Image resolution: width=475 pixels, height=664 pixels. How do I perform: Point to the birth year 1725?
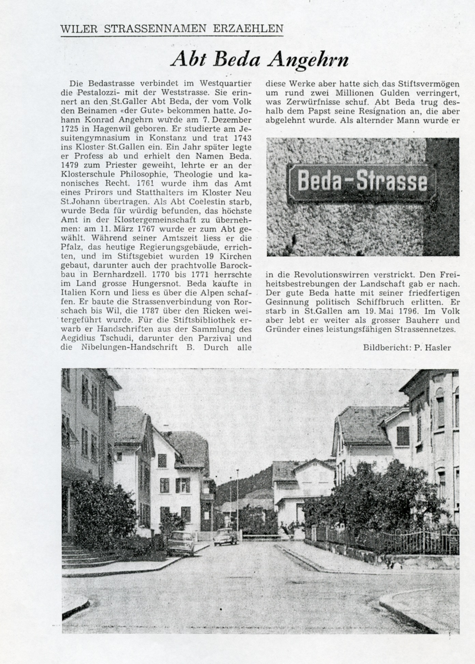coord(70,129)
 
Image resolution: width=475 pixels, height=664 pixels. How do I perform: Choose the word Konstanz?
coord(172,138)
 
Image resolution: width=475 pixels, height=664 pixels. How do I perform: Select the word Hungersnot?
coord(152,283)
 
